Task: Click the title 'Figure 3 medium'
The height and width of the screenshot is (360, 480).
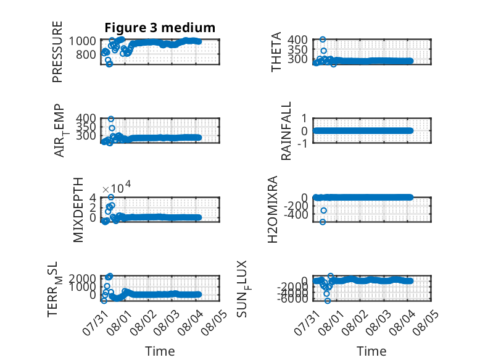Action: [160, 28]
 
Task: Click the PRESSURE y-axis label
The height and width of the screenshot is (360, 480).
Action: [57, 52]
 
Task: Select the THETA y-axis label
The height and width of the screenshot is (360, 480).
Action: [276, 52]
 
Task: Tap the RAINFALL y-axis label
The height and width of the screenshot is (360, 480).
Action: [286, 131]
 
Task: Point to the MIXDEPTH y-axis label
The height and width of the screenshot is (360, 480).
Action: [78, 210]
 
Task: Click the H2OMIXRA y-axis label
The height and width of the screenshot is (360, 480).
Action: [273, 209]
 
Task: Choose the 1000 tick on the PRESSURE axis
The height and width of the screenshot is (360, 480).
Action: [82, 41]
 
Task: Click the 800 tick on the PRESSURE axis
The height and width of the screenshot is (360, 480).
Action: [86, 54]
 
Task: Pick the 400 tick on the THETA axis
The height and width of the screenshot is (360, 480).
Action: [297, 40]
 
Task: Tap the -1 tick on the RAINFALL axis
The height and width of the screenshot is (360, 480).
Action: [302, 143]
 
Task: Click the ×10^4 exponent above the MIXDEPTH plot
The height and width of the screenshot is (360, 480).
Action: [117, 187]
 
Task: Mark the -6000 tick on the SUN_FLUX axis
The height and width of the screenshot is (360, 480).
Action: [293, 298]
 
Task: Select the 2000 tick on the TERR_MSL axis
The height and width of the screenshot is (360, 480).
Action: [82, 278]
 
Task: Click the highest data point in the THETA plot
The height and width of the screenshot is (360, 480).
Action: [323, 40]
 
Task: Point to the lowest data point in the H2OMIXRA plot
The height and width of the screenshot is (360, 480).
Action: [323, 222]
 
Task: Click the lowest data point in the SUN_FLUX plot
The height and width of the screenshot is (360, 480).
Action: [328, 301]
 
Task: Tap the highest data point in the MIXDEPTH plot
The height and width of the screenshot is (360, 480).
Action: [111, 197]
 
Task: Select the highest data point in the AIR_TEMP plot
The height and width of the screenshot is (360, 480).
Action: [111, 119]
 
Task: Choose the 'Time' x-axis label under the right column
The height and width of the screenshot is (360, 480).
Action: [372, 351]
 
